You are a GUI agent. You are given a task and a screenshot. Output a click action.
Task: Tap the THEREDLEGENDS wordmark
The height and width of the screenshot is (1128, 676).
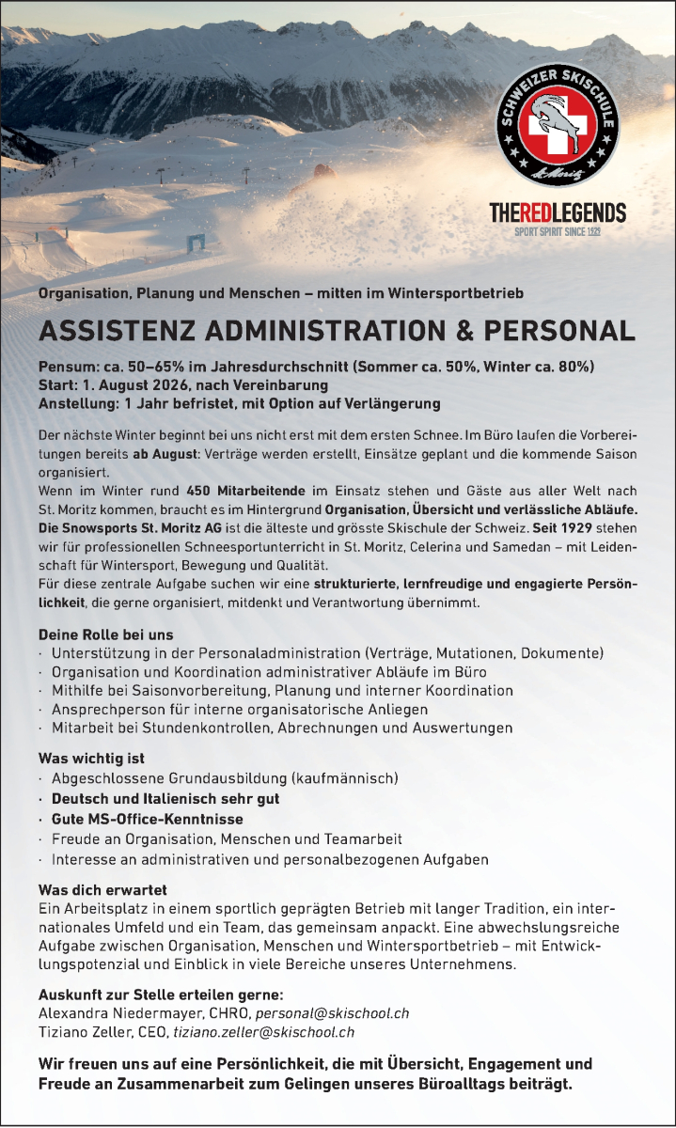point(558,213)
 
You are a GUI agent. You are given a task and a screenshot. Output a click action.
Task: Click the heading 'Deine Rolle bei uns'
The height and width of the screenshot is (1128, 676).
point(105,634)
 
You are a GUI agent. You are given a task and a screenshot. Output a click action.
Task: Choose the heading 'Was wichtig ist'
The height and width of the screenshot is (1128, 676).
point(91,759)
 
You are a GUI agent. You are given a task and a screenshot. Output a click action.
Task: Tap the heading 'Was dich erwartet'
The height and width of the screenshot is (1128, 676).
point(102,889)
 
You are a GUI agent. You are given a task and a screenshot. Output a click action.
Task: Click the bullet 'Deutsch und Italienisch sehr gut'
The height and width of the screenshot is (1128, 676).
point(165,798)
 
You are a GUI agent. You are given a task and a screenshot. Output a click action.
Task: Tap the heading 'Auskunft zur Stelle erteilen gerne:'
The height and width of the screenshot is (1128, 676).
point(161,995)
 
